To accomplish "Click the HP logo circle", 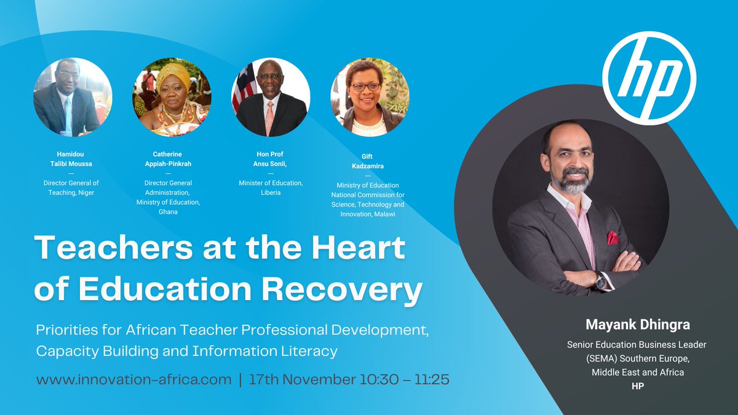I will (x=649, y=78).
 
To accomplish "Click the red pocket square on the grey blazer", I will (x=613, y=237).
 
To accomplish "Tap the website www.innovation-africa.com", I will (x=133, y=379).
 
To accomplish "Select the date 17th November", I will (x=298, y=379).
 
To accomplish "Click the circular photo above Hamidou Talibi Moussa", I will (x=73, y=97).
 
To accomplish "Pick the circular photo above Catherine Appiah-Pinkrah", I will (x=172, y=97).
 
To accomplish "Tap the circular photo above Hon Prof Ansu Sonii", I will (x=271, y=97).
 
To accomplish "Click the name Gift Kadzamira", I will (x=368, y=162).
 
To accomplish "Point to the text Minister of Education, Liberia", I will (x=271, y=188).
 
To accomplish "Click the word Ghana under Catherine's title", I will (x=167, y=212).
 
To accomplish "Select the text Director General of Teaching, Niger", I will (x=71, y=188).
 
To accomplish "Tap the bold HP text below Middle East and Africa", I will (x=637, y=385).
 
